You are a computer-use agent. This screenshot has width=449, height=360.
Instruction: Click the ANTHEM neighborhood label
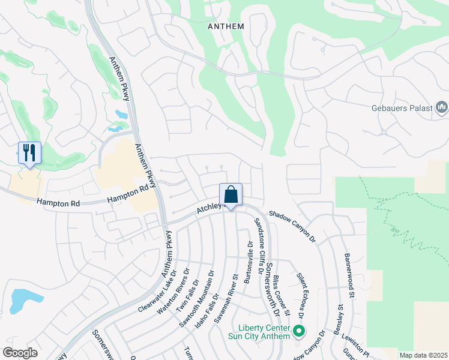(226, 26)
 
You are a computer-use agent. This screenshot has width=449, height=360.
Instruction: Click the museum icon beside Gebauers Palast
(442, 108)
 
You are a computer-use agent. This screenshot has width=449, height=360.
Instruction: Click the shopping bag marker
(231, 194)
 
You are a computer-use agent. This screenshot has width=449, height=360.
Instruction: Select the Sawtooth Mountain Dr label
(196, 299)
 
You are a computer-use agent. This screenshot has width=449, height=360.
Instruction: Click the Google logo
(20, 353)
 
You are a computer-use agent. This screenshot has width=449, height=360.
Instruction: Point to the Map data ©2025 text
(423, 355)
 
